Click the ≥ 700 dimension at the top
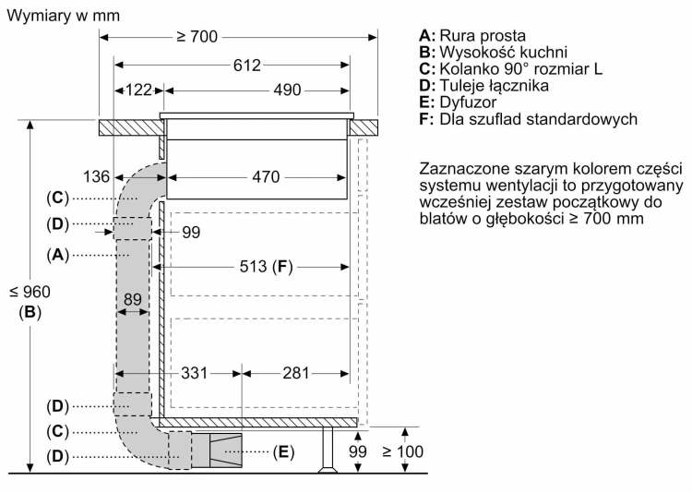(x=197, y=37)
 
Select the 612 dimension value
(x=247, y=66)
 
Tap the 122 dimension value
(x=139, y=90)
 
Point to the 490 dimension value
(x=287, y=90)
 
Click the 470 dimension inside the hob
(x=266, y=177)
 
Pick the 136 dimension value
(x=96, y=176)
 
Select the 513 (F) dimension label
(x=266, y=267)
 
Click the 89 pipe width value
(x=132, y=299)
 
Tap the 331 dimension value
(x=194, y=373)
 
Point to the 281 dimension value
(x=295, y=373)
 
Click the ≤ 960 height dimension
(x=30, y=292)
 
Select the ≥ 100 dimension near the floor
(x=403, y=451)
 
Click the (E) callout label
(x=283, y=451)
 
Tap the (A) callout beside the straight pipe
(x=58, y=255)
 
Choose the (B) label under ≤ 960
(x=30, y=312)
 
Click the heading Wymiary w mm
(x=63, y=16)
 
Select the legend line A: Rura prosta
(x=472, y=35)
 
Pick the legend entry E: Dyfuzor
(x=458, y=102)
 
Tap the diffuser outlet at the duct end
(x=225, y=451)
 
